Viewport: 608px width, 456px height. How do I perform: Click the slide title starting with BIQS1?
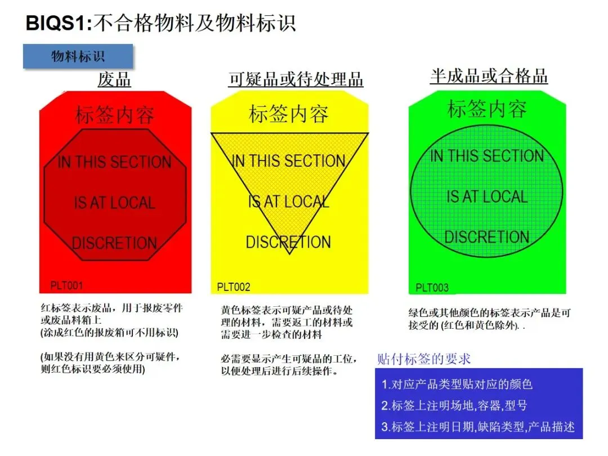[x=161, y=23]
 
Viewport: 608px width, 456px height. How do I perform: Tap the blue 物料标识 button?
[x=78, y=56]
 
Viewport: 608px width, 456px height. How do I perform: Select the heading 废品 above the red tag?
[x=114, y=79]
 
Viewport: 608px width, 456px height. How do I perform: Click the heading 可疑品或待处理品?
[x=296, y=79]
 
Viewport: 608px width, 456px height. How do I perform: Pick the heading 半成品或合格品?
[x=489, y=76]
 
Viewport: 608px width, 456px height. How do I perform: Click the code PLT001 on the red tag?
[x=66, y=285]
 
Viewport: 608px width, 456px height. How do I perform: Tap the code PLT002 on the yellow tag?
[x=234, y=287]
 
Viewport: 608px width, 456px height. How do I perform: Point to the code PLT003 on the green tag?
[x=432, y=288]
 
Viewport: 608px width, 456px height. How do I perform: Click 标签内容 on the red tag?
[x=115, y=115]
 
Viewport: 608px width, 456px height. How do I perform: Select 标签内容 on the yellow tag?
[x=289, y=114]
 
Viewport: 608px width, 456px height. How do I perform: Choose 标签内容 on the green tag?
[x=487, y=109]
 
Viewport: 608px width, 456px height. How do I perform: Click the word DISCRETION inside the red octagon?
[x=114, y=243]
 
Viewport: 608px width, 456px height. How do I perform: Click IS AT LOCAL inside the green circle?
[x=487, y=196]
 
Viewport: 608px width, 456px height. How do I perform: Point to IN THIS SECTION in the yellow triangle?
[x=289, y=161]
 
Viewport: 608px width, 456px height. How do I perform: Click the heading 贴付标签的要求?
[x=423, y=359]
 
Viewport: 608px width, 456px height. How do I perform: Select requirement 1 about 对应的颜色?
[x=457, y=385]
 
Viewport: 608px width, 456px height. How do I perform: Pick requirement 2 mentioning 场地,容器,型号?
[x=454, y=405]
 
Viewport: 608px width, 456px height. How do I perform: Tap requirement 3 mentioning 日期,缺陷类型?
[x=478, y=427]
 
